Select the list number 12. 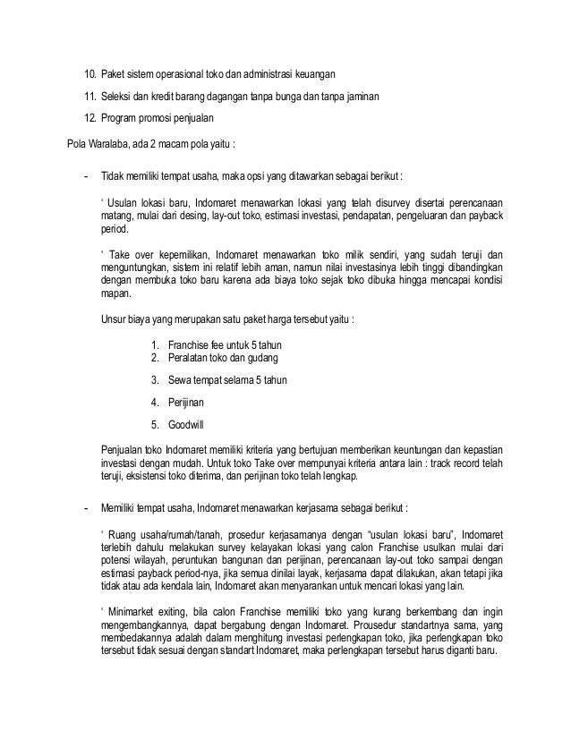(x=89, y=119)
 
